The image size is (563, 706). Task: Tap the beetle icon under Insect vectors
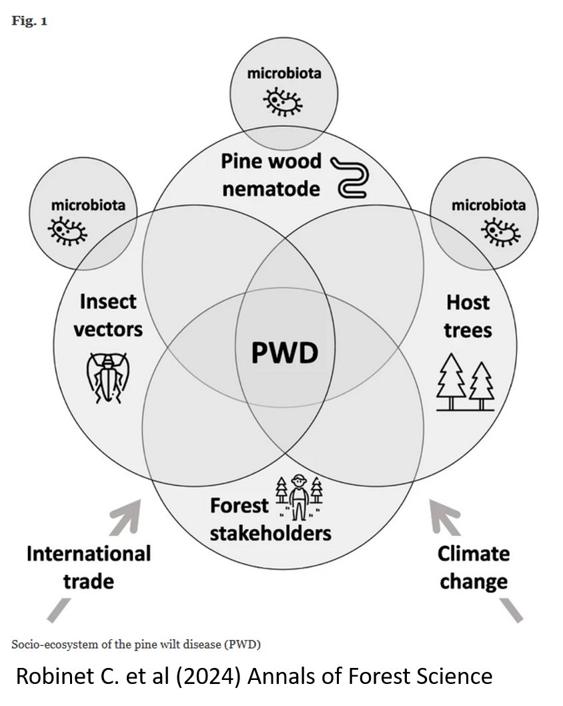tap(105, 377)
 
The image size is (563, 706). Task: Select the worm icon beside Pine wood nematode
tap(349, 176)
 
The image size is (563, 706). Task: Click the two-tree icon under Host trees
tap(465, 383)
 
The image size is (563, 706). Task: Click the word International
tap(88, 554)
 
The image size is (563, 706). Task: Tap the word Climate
tap(473, 554)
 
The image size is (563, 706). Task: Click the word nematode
tap(271, 189)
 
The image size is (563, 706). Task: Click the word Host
tap(468, 303)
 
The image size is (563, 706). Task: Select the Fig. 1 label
tap(29, 21)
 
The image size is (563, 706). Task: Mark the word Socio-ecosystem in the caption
tap(50, 645)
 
